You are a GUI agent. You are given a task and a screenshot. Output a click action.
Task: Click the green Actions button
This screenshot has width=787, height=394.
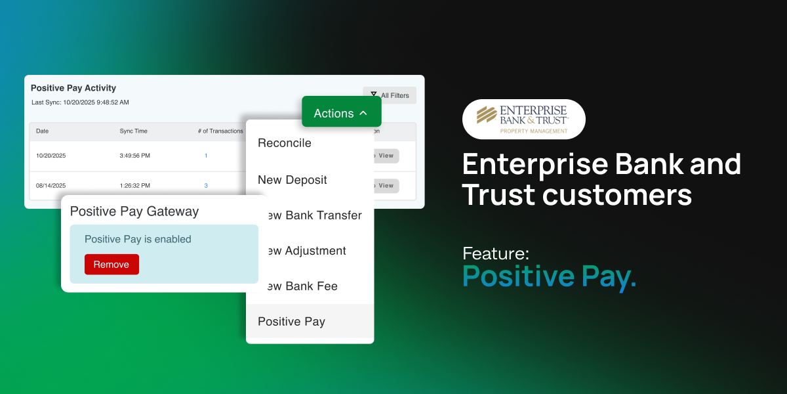click(x=341, y=113)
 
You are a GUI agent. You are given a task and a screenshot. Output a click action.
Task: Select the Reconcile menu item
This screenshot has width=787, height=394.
click(x=285, y=143)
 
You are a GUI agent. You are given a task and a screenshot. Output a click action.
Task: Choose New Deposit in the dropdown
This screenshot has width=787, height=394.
click(x=293, y=180)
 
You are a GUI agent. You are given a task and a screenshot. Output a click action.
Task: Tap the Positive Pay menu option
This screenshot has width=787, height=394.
click(x=292, y=322)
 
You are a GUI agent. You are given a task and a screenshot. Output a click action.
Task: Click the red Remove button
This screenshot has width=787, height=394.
click(x=111, y=265)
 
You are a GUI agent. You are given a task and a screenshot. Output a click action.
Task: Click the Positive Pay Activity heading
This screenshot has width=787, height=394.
click(x=73, y=88)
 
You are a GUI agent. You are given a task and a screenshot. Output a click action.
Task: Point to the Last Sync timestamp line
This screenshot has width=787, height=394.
click(x=80, y=102)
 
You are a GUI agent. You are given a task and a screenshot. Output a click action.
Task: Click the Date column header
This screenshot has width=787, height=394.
click(x=43, y=131)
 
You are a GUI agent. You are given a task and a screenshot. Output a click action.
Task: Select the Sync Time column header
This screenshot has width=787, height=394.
click(x=133, y=131)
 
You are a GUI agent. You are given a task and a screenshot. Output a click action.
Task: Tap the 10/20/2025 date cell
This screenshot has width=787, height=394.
click(x=50, y=156)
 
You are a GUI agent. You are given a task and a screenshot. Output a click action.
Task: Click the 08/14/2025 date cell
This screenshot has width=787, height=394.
click(x=50, y=186)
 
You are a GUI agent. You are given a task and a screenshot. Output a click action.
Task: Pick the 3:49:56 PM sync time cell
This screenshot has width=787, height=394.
click(x=134, y=156)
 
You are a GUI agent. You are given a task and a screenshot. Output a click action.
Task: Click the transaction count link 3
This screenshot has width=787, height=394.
click(x=206, y=186)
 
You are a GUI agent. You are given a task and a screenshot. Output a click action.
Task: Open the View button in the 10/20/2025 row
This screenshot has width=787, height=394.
click(x=386, y=156)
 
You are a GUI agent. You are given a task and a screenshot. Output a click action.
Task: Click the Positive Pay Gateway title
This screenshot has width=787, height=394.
click(x=134, y=211)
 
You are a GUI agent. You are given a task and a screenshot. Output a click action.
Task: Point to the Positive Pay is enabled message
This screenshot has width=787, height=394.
click(x=138, y=240)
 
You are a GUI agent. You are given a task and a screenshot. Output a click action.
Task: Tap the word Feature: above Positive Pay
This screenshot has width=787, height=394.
click(x=496, y=253)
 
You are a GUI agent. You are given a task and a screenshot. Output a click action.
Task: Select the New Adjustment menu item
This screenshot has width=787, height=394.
click(x=304, y=251)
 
